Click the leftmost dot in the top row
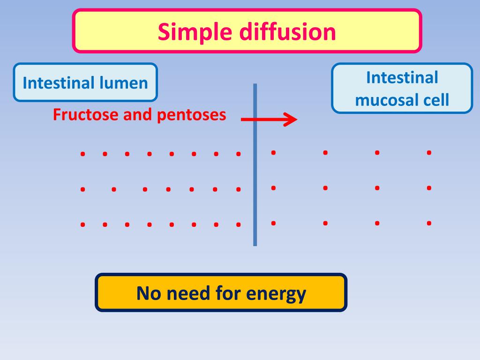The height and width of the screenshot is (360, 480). tap(82, 153)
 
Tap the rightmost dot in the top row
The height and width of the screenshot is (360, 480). tap(429, 152)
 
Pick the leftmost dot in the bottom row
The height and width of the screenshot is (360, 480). tap(82, 225)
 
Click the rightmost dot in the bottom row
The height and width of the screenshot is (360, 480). tap(429, 223)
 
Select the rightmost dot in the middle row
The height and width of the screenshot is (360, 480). tap(429, 188)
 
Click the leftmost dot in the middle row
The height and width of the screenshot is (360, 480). tap(82, 189)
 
